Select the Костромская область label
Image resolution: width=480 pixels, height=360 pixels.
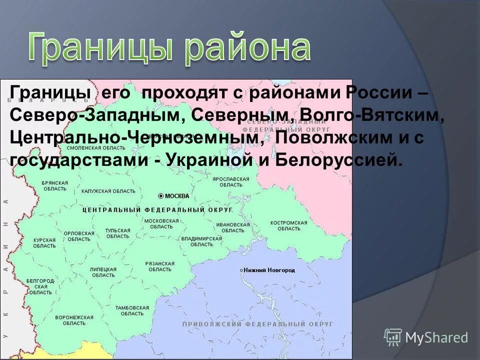pos(288,225)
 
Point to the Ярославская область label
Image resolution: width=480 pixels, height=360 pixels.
pos(230,181)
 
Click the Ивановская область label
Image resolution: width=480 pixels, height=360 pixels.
pos(232,227)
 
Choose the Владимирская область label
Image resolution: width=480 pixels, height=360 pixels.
pos(201,241)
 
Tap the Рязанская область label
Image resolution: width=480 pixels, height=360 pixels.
pos(159,266)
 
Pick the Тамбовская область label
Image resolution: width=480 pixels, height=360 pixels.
pos(132,310)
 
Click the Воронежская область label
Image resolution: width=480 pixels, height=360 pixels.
pos(74,320)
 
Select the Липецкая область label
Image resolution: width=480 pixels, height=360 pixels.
pos(103,272)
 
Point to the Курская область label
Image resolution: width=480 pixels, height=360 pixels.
pos(44,243)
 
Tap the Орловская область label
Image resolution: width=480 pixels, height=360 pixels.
pos(79,236)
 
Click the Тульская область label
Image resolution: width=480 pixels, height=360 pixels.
pos(117,233)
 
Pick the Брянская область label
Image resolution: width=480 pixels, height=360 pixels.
pos(55,186)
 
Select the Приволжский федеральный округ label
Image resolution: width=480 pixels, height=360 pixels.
pos(257,324)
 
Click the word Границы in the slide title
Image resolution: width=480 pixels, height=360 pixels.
pos(100,48)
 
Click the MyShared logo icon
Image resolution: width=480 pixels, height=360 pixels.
pos(393,336)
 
